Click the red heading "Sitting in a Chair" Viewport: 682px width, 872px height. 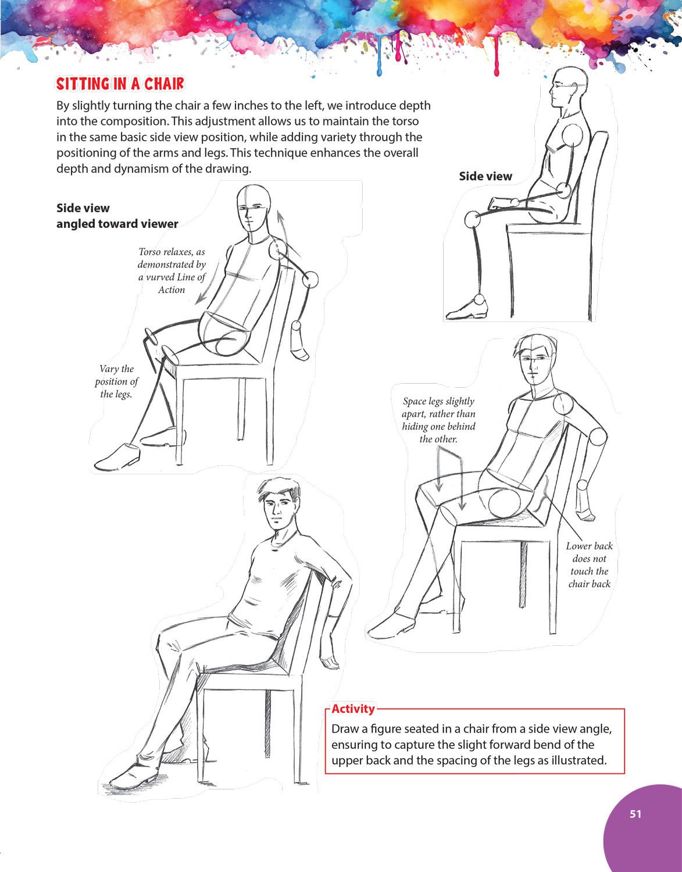(x=120, y=84)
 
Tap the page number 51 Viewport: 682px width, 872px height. (x=635, y=814)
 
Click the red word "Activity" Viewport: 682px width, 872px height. (x=353, y=709)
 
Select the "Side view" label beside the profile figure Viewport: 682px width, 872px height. (x=485, y=176)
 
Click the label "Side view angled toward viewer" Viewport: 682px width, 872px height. (x=117, y=216)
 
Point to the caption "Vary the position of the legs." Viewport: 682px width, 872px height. (x=116, y=381)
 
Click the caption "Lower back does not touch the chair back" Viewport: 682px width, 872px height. (x=590, y=564)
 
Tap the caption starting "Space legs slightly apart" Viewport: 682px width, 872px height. (x=438, y=420)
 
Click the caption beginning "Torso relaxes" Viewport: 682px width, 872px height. (x=172, y=270)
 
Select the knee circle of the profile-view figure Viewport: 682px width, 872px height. (x=472, y=220)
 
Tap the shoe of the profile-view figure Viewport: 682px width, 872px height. (x=466, y=310)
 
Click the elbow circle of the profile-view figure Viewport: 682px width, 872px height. (x=563, y=190)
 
